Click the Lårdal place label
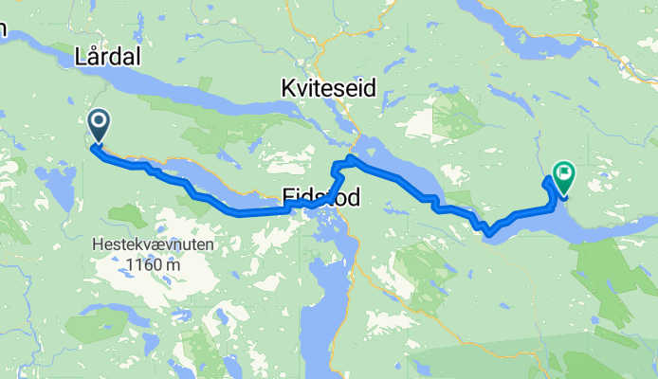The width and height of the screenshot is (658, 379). click(x=107, y=58)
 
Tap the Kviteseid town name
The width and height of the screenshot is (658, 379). click(x=328, y=88)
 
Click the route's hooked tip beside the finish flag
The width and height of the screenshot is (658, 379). click(x=549, y=177)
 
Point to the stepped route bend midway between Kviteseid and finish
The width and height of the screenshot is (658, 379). click(x=430, y=201)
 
